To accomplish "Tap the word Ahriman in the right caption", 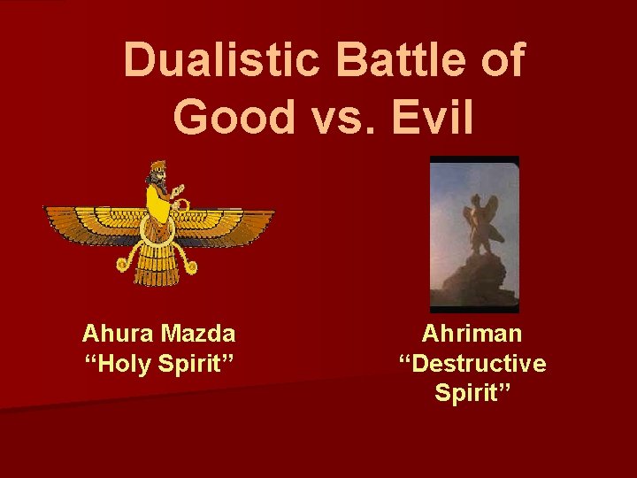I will [x=472, y=334].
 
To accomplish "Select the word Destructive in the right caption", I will [x=472, y=364].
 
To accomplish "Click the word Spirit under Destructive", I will [x=472, y=393].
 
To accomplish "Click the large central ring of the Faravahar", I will [x=158, y=227].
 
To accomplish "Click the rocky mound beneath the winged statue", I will [x=473, y=279].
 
